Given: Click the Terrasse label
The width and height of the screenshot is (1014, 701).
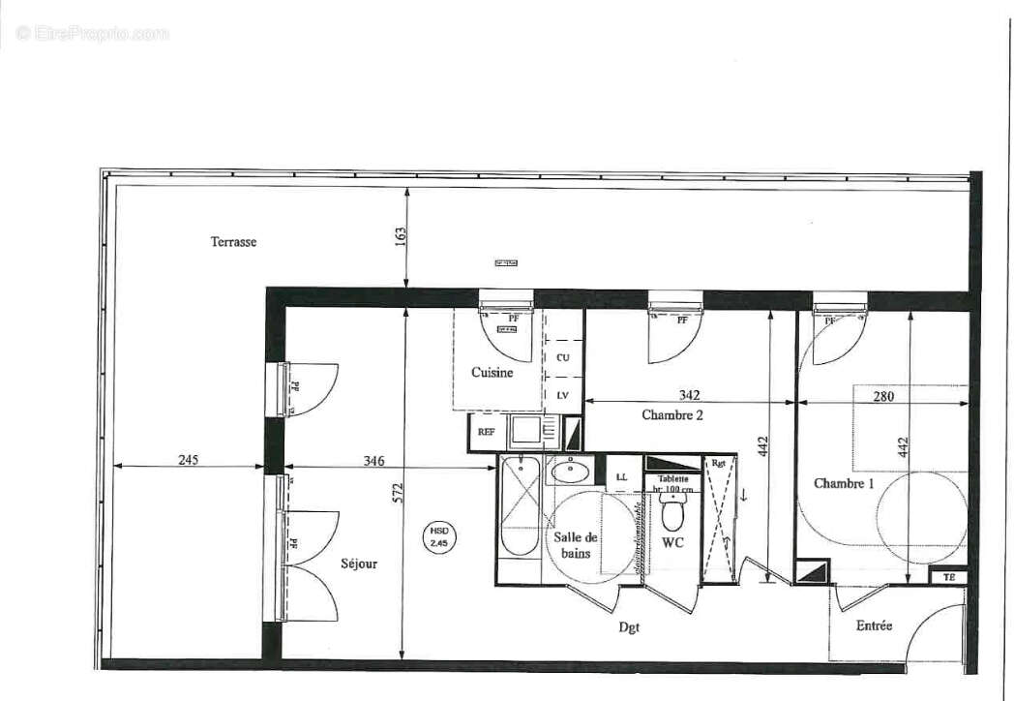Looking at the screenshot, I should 233,242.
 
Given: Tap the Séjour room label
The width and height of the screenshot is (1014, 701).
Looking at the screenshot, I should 359,564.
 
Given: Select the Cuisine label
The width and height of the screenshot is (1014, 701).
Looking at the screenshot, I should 492,372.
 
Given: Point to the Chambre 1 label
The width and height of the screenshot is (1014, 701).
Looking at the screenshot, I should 843,483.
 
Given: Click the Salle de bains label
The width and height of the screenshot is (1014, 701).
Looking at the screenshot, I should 576,545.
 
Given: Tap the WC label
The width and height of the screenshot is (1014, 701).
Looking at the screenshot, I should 672,542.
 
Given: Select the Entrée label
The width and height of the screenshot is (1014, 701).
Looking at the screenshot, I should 874,625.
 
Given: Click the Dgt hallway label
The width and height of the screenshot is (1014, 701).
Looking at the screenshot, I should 630,626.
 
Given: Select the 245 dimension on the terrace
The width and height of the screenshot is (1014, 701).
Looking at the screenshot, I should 188,460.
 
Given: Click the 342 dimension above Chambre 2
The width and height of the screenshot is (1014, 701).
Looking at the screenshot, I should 689,395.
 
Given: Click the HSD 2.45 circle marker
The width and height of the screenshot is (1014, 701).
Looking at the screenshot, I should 439,537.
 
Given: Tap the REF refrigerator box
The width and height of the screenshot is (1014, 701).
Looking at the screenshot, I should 484,433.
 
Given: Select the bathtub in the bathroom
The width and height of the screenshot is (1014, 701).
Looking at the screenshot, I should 520,506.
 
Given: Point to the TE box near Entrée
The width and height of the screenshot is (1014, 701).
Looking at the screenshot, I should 947,576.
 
